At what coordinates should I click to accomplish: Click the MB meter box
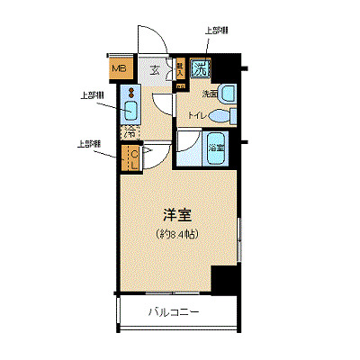[119, 66]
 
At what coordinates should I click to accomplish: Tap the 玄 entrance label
[154, 68]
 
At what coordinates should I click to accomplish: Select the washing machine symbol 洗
[202, 67]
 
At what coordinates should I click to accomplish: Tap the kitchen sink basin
[129, 112]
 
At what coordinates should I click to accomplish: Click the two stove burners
[129, 93]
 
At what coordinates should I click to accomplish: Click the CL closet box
[131, 159]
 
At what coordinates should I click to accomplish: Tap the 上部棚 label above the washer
[216, 31]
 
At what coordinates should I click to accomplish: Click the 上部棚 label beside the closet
[87, 143]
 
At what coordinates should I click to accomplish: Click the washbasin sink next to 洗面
[229, 92]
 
